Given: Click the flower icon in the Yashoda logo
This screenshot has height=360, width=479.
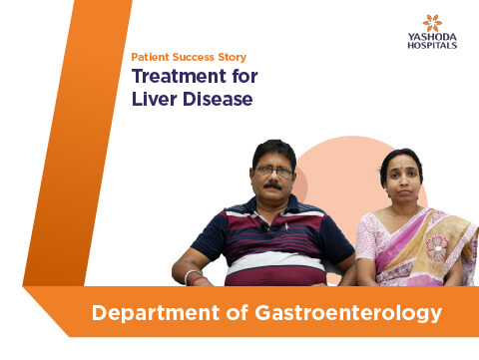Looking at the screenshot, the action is tap(432, 23).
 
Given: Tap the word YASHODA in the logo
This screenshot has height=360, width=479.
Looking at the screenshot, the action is tap(432, 37).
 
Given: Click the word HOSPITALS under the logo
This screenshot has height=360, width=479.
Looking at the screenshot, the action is tap(432, 45).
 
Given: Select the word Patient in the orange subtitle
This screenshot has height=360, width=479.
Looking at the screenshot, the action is tap(150, 57).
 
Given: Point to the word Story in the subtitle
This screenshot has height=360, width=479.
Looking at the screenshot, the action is tap(233, 57).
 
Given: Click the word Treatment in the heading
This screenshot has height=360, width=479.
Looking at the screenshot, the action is tap(180, 76).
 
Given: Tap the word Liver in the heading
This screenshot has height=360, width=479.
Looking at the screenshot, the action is tap(154, 99).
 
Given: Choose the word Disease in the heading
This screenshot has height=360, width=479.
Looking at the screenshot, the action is tap(218, 99).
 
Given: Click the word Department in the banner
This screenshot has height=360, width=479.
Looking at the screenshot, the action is tap(156, 313).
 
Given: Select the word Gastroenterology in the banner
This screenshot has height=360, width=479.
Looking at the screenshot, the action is tap(348, 313).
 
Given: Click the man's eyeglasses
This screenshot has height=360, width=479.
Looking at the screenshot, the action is tap(273, 172).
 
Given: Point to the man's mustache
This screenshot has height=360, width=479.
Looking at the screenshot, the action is tap(272, 185).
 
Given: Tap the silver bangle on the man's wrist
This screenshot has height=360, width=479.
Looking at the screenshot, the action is tap(191, 276).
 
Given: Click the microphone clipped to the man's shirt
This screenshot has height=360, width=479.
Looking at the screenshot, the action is tap(264, 226).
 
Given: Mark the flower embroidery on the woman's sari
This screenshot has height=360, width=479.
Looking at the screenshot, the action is tap(437, 248).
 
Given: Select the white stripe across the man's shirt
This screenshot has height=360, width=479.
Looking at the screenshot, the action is tap(275, 261).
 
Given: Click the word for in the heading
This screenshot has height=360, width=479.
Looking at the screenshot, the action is tap(244, 76).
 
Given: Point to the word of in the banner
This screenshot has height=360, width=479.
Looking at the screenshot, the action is tap(238, 312).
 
